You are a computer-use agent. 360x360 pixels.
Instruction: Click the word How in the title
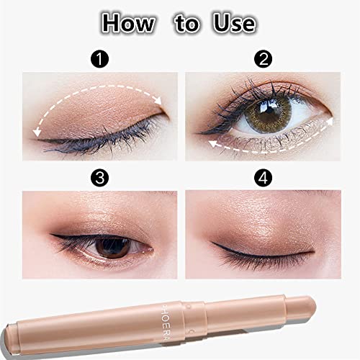pyautogui.click(x=127, y=23)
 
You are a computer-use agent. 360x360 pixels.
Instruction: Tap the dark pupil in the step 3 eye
pyautogui.click(x=112, y=246)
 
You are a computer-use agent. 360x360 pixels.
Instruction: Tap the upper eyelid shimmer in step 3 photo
pyautogui.click(x=108, y=220)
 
